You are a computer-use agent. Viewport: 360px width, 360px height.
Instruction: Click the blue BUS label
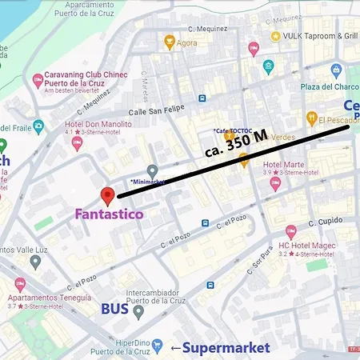[115, 309]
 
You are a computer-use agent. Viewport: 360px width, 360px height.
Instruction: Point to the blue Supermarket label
[226, 347]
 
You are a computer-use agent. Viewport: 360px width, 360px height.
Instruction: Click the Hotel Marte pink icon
[276, 184]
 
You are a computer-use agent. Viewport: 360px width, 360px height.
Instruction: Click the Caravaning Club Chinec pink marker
[38, 80]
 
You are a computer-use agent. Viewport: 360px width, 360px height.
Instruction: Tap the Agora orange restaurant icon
[169, 42]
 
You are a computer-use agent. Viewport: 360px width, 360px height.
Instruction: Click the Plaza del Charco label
[326, 87]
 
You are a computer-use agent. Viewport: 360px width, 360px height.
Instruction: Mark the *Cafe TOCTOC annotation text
[234, 130]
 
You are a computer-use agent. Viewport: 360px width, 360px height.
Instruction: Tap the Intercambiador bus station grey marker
[138, 311]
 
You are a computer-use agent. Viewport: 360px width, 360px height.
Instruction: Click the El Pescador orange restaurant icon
[311, 121]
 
